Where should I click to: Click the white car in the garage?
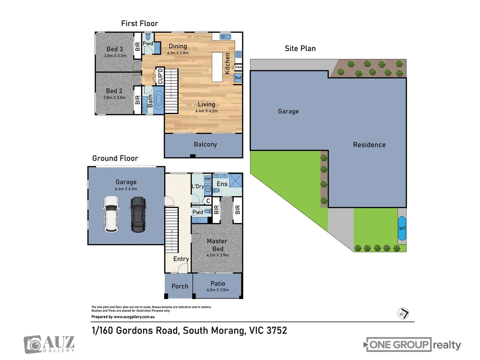[111, 214]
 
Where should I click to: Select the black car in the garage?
[138, 214]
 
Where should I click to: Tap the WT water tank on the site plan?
[402, 228]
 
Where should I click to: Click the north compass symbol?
[403, 314]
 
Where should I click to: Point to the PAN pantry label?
[238, 67]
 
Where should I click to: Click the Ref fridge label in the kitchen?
[238, 78]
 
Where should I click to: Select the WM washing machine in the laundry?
[207, 179]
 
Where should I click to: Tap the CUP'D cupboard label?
[160, 76]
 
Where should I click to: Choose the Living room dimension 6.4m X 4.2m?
[206, 111]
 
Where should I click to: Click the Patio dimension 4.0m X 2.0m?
[218, 290]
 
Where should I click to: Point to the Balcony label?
[205, 144]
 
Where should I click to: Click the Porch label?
[180, 286]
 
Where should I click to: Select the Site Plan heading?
[300, 49]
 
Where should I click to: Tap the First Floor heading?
[139, 24]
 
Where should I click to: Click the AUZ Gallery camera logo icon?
[33, 345]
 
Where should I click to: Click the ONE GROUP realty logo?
[412, 345]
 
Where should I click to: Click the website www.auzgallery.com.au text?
[134, 317]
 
